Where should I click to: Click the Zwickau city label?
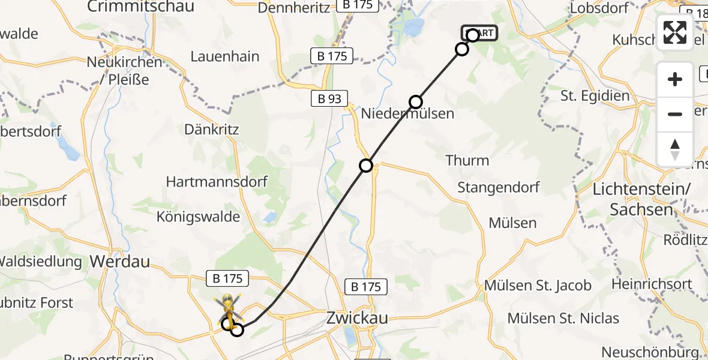[x=356, y=318]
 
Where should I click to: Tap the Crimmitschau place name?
[x=141, y=7]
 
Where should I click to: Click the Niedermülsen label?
[x=407, y=113]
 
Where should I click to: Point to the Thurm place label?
[x=467, y=160]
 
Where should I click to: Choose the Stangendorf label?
[x=499, y=187]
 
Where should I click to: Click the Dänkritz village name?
[x=212, y=130]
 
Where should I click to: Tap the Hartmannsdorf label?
[x=217, y=182]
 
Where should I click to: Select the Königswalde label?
[x=198, y=217]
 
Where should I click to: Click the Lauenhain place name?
[x=225, y=56]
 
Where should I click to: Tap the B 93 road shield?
[x=329, y=99]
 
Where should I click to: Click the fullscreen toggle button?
[x=675, y=32]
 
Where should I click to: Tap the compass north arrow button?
[x=675, y=149]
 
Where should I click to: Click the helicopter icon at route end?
[x=228, y=307]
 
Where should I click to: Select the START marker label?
[x=479, y=33]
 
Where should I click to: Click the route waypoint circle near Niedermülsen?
[x=416, y=101]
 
